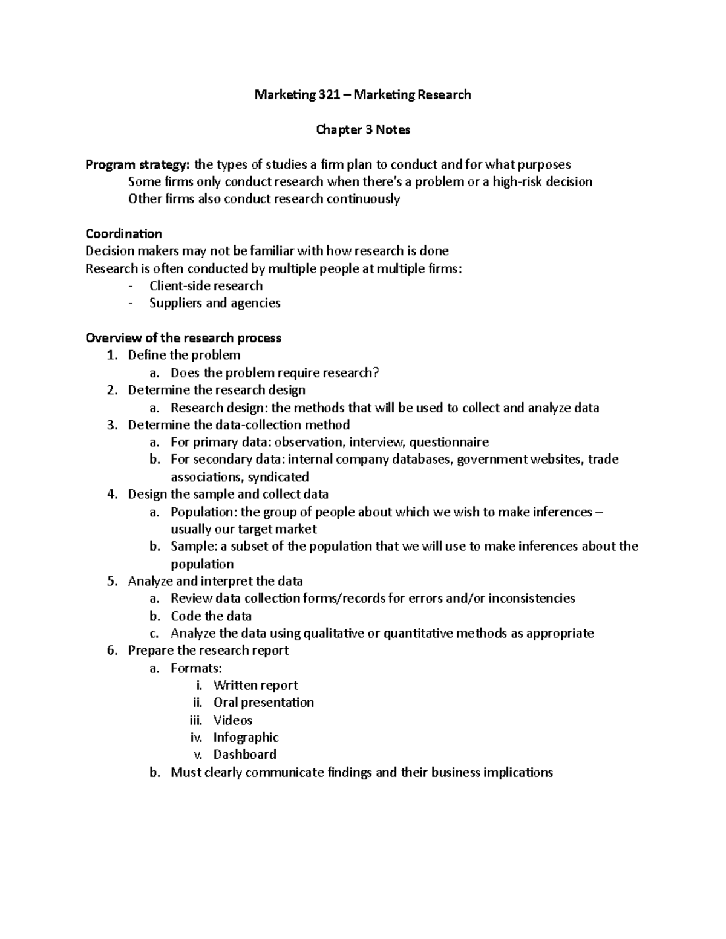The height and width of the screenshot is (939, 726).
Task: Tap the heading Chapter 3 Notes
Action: [x=363, y=130]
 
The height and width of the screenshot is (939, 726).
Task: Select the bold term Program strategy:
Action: [x=137, y=165]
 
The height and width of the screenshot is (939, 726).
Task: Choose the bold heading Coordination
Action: [x=123, y=234]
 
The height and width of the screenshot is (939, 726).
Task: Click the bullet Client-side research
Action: [x=206, y=286]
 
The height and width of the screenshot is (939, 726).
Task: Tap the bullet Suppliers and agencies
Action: [x=215, y=303]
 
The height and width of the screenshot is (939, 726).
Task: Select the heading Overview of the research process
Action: [x=183, y=338]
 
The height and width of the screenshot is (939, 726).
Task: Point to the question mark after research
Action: [x=376, y=373]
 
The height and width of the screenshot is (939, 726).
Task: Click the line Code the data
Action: [x=211, y=616]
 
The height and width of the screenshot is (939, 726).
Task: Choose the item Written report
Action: [x=255, y=686]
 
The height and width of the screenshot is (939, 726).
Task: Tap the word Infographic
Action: [x=246, y=738]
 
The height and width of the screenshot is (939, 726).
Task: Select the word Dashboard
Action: [x=244, y=755]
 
